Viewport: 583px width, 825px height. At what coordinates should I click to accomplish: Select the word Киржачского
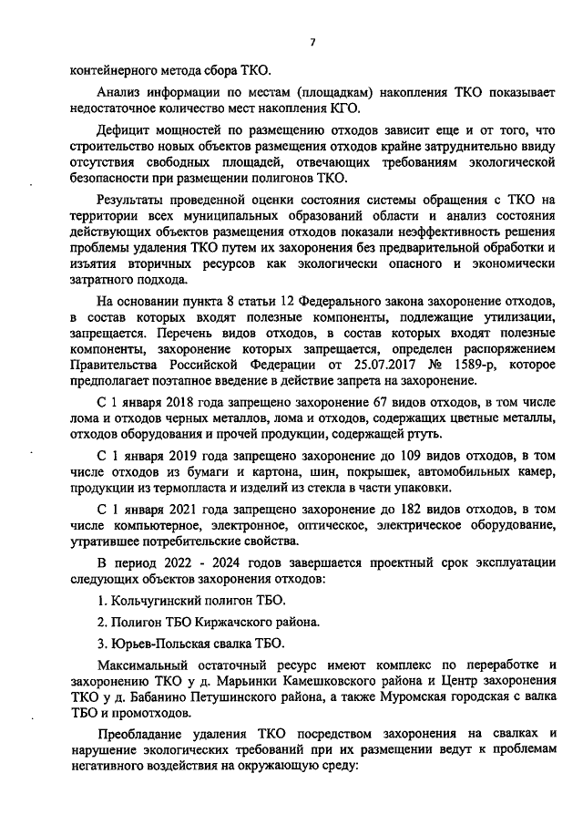[x=235, y=623]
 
